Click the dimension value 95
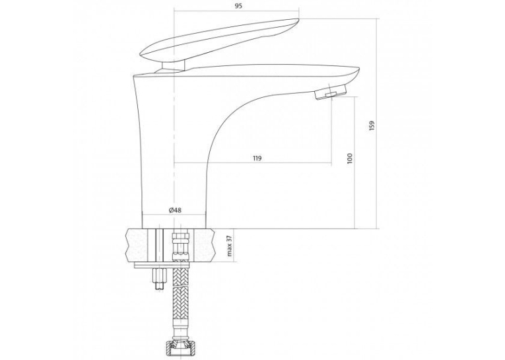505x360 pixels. pos(238,6)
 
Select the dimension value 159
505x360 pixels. pos(373,126)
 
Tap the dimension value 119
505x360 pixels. pos(257,159)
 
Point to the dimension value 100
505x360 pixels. pos(350,159)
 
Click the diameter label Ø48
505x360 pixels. pos(175,210)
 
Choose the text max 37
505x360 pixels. pos(230,245)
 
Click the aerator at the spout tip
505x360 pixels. pos(330,92)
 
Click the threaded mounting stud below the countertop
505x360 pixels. pos(160,278)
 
